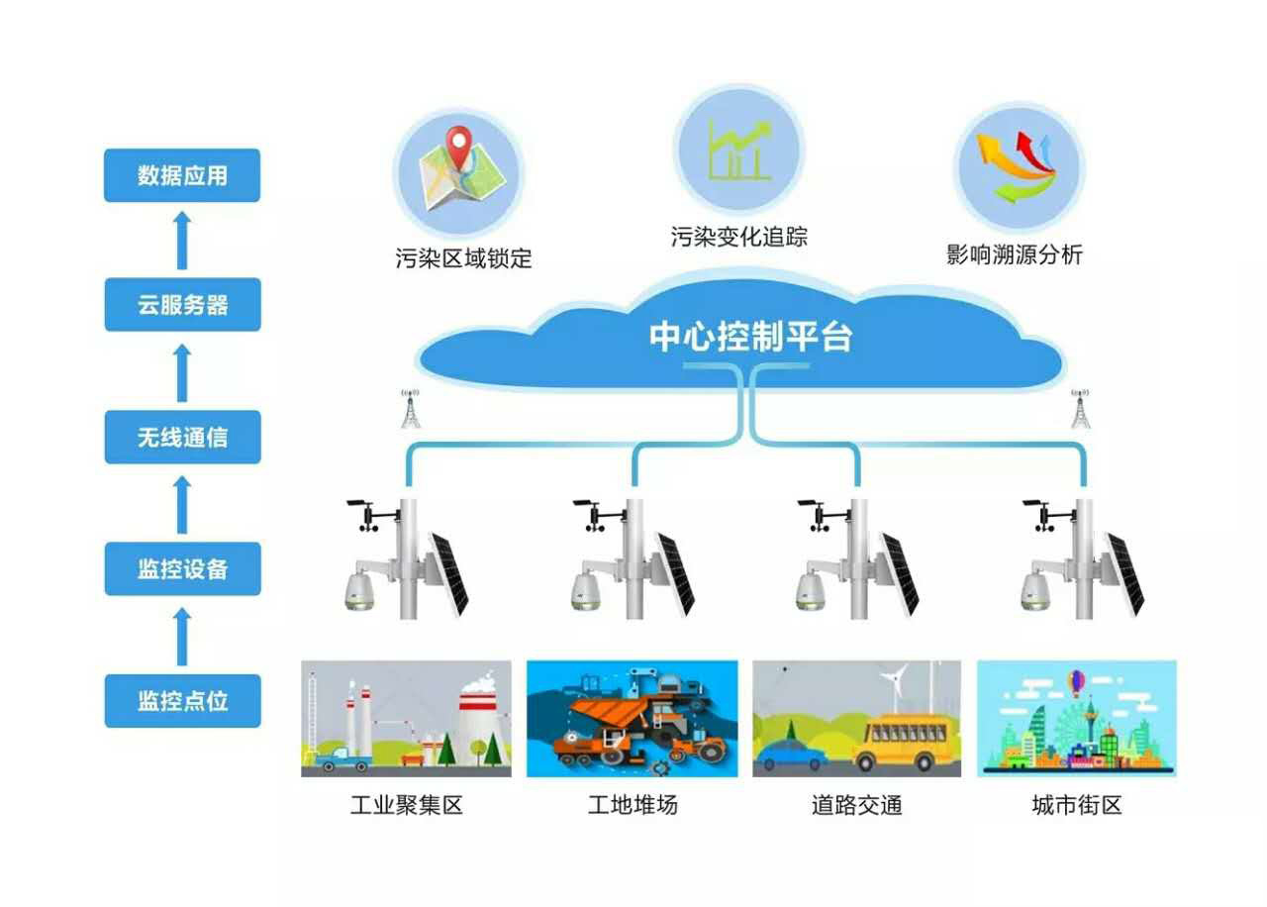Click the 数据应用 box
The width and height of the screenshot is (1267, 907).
(182, 175)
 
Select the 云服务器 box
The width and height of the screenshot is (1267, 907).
(182, 305)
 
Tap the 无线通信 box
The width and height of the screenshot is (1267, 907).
(182, 437)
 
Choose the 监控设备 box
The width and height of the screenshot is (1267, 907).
(182, 568)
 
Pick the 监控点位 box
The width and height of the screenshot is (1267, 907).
(182, 701)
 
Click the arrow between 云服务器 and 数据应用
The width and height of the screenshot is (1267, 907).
(182, 241)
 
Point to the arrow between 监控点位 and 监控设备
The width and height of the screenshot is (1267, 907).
(182, 636)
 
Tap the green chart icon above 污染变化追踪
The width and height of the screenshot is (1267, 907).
(739, 151)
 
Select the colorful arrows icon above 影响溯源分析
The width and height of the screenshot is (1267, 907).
(1017, 164)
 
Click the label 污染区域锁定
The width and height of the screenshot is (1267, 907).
(463, 259)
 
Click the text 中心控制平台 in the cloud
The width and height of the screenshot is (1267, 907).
(749, 338)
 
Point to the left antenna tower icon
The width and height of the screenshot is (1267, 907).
(411, 408)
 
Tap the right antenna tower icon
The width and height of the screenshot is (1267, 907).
(1080, 408)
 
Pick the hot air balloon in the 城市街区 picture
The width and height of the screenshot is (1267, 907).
(1076, 681)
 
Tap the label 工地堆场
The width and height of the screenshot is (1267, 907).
(633, 805)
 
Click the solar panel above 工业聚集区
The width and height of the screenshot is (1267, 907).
(448, 572)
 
